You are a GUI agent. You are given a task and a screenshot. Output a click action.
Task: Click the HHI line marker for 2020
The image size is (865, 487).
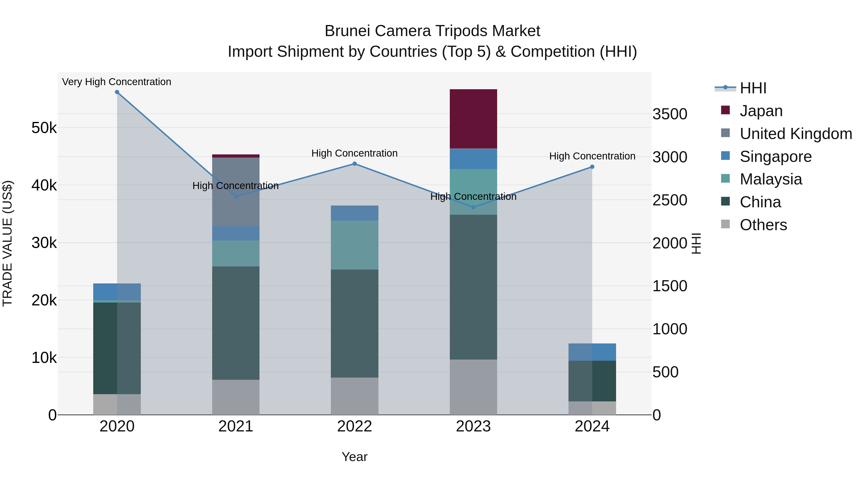[117, 92]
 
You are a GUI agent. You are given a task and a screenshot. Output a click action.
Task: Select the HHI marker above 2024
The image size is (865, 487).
[592, 167]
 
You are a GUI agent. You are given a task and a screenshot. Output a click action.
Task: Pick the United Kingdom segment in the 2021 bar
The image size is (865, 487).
[236, 192]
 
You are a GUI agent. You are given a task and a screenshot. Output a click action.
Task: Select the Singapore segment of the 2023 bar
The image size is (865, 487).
[473, 159]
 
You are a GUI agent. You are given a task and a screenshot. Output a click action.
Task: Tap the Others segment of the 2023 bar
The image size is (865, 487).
[473, 387]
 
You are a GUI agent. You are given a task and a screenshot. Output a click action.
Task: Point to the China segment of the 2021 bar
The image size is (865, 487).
[236, 323]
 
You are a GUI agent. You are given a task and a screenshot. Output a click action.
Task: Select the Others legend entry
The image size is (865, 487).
[763, 225]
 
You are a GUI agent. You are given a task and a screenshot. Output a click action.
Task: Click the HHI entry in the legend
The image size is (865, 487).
[753, 88]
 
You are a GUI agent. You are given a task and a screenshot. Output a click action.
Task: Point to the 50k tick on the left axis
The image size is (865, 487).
[44, 128]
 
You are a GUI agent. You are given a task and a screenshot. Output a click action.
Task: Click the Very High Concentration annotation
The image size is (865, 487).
[117, 82]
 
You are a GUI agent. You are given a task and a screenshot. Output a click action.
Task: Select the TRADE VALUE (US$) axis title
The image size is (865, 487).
[8, 243]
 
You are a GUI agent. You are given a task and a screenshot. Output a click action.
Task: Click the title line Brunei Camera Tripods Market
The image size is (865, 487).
[432, 31]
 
